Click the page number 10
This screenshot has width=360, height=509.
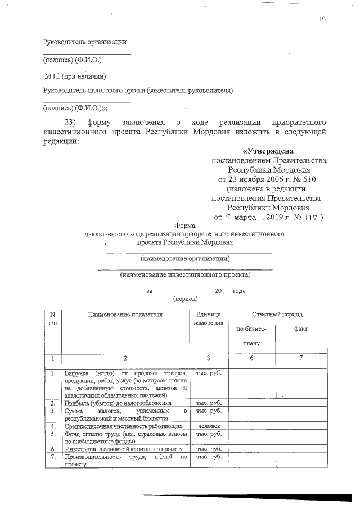[x=322, y=19]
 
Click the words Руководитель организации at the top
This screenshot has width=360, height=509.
[x=85, y=42]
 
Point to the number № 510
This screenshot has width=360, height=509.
[x=304, y=179]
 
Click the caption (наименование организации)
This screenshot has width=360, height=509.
[x=185, y=259]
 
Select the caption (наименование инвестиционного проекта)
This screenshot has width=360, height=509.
[x=185, y=276]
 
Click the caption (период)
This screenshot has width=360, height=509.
[x=185, y=299]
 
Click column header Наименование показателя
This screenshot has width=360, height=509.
[x=125, y=314]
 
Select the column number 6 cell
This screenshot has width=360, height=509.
[x=251, y=358]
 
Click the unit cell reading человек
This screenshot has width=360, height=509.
[x=209, y=426]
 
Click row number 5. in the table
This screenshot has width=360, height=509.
[x=52, y=434]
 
